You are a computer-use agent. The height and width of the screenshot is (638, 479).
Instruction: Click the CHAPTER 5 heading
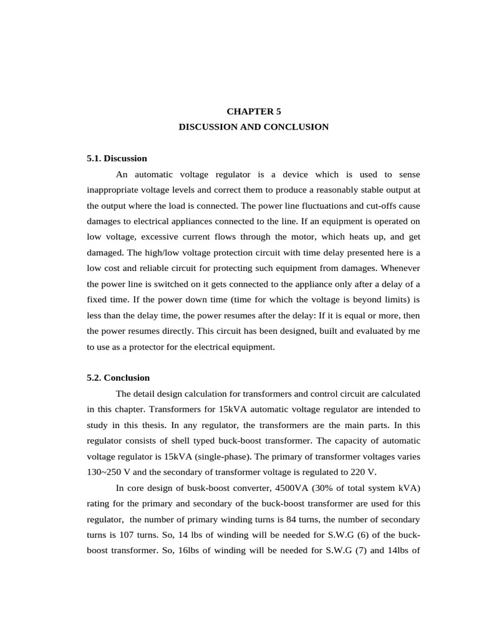tap(253, 112)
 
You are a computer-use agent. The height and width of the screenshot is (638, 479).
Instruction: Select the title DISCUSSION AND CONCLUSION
tap(253, 127)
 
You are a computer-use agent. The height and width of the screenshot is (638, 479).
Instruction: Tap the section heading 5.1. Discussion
tap(117, 158)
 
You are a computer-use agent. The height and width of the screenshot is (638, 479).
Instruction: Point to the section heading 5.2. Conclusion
tap(118, 378)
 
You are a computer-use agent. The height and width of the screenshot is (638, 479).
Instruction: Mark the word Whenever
tap(398, 267)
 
